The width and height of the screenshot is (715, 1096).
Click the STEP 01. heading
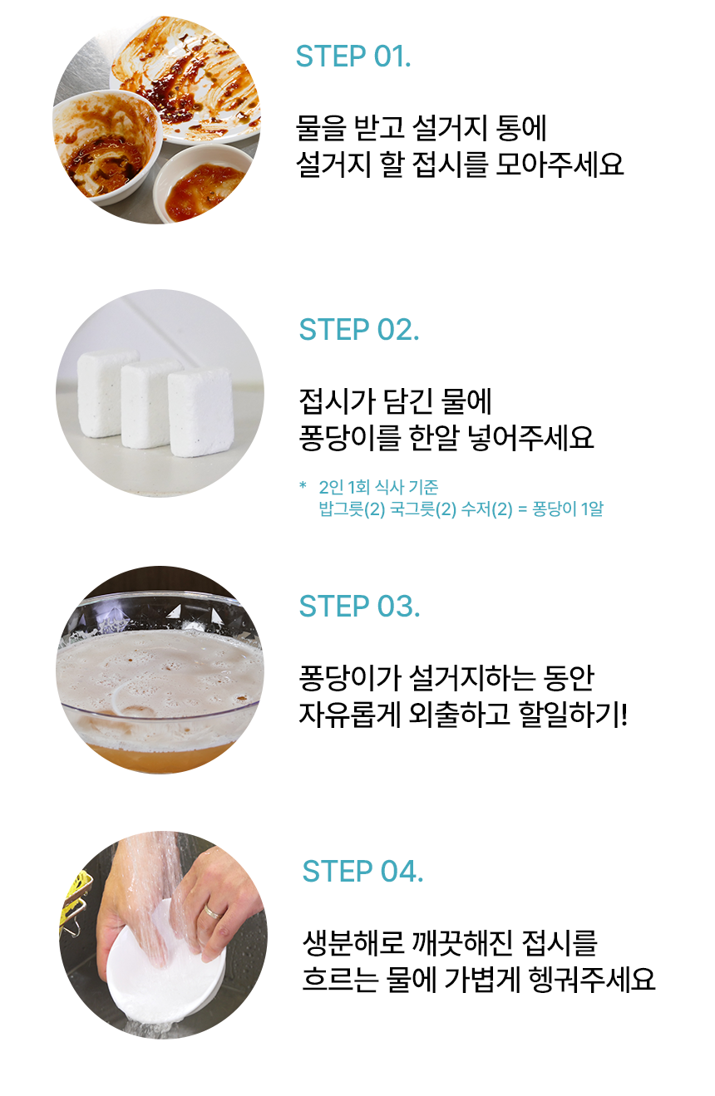pos(353,57)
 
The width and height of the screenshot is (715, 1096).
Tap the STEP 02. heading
pos(358,329)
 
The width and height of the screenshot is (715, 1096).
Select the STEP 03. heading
pos(359,607)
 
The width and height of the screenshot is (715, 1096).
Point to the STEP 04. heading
pos(362,872)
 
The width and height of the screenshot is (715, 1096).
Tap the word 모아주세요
pos(560,164)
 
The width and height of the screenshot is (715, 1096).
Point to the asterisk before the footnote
pos(303,485)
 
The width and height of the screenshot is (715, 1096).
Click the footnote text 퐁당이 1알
pos(568,509)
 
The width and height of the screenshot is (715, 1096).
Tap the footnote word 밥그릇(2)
pos(352,509)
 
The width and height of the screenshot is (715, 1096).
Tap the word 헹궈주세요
pos(592,979)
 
